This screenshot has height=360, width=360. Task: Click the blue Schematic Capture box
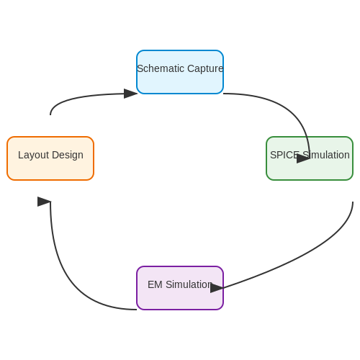(x=180, y=72)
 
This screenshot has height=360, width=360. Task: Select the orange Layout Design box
(x=50, y=158)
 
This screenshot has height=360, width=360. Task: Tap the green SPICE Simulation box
(x=310, y=158)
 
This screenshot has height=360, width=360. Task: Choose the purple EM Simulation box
(x=180, y=288)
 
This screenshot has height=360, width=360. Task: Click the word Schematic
(x=161, y=68)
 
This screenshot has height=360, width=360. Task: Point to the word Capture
(x=205, y=69)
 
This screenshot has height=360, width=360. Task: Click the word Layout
(x=34, y=156)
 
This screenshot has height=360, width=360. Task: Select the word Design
(x=68, y=156)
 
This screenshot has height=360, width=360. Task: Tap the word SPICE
(x=284, y=155)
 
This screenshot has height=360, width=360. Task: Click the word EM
(x=155, y=284)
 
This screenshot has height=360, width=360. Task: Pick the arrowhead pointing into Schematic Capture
(x=130, y=94)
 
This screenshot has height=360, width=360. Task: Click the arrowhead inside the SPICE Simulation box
(x=303, y=158)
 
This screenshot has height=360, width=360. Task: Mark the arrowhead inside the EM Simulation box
(x=217, y=288)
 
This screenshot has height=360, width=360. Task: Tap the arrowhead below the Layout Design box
(x=44, y=202)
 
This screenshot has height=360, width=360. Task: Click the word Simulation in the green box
(x=326, y=155)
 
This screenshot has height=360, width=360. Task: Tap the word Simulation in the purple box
(x=189, y=284)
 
